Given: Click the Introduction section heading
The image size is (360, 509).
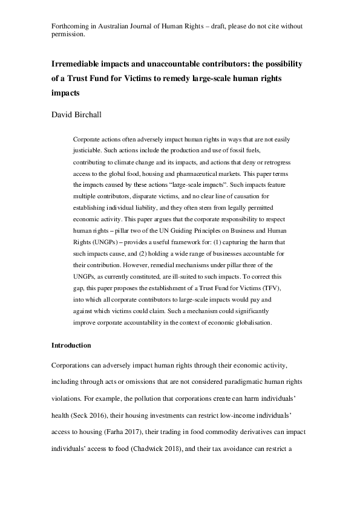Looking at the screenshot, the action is [x=71, y=345].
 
